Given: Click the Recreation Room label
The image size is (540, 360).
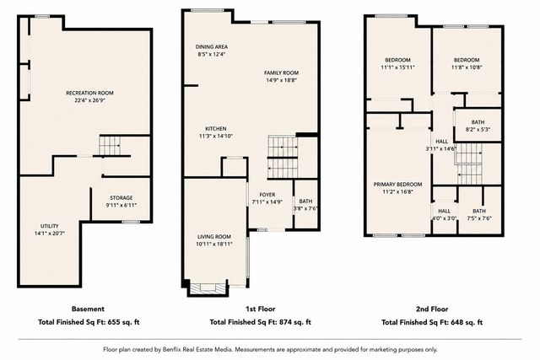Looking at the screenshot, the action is click(89, 93).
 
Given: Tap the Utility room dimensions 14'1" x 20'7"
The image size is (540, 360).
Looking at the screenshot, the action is click(50, 234).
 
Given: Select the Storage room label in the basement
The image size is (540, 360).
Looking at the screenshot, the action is click(121, 198).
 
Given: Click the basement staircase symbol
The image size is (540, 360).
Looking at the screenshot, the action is click(110, 146).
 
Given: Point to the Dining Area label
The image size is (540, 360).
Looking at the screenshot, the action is click(212, 47).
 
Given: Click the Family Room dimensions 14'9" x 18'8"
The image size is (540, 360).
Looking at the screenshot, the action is click(281, 80).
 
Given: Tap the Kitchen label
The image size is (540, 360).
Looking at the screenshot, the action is click(216, 129).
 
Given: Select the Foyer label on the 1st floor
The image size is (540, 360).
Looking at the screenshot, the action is click(267, 195).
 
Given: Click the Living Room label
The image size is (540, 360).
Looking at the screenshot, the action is click(214, 237).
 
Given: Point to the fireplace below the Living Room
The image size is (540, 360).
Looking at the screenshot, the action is click(208, 288).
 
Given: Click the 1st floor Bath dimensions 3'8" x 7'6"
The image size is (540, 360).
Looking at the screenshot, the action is click(305, 208).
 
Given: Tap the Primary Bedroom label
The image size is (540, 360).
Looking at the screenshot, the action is click(397, 185).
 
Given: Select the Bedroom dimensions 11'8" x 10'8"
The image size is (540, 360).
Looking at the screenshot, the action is click(467, 67).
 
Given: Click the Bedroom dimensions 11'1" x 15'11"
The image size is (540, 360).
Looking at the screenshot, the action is click(397, 67).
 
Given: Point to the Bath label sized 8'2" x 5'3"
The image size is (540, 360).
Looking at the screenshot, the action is click(478, 122).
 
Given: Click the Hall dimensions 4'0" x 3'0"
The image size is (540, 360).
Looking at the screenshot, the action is click(445, 218).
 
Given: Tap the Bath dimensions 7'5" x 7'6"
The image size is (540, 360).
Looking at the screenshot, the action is click(479, 218).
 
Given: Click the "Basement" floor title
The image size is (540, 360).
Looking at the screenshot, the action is click(88, 309).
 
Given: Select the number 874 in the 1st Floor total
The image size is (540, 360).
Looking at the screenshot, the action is click(287, 322).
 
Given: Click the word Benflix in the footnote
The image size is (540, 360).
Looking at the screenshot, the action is click(172, 350).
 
